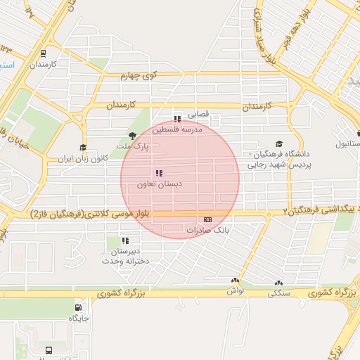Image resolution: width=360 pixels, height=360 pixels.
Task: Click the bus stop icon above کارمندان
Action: [44, 53]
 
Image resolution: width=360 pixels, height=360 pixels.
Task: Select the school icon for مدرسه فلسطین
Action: [177, 119]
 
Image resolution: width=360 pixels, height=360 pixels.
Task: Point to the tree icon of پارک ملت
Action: [132, 136]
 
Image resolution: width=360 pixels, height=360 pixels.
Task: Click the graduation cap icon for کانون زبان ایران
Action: [83, 148]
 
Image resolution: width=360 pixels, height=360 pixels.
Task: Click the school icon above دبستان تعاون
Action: [159, 172]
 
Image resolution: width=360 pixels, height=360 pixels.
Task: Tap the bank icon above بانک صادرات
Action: [207, 220]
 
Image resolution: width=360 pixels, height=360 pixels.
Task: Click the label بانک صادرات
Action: [206, 231]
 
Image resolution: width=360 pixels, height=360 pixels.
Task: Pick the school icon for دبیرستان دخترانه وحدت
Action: [125, 241]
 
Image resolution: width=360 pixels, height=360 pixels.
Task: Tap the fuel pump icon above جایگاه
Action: [78, 307]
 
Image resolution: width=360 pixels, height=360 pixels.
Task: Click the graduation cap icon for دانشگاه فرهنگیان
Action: [279, 143]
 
